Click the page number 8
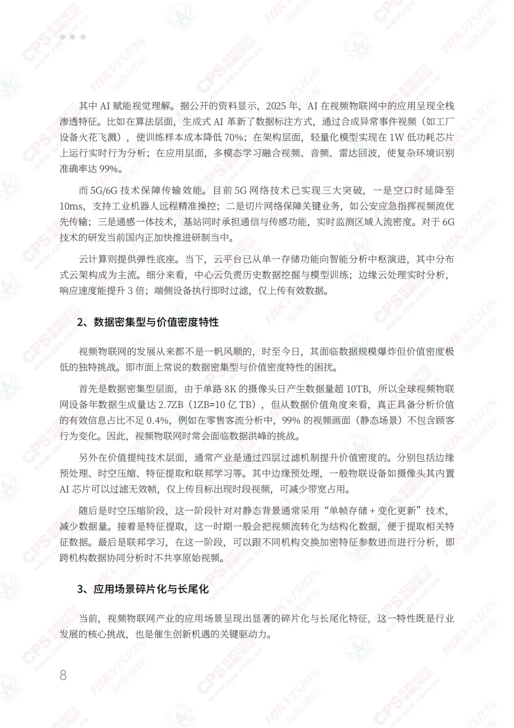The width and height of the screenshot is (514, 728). point(63,675)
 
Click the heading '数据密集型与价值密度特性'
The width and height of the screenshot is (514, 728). point(156,322)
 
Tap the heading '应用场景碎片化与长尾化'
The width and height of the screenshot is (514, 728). point(151,589)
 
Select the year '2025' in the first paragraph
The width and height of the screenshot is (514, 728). point(276,106)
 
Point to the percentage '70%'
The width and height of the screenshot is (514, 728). point(234,137)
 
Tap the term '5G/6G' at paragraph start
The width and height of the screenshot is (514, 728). point(104,190)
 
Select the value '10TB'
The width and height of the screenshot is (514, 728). point(357,389)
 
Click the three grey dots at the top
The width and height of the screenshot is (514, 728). point(73,37)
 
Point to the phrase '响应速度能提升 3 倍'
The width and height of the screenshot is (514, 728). point(102,291)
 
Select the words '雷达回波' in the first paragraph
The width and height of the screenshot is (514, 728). point(358,153)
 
